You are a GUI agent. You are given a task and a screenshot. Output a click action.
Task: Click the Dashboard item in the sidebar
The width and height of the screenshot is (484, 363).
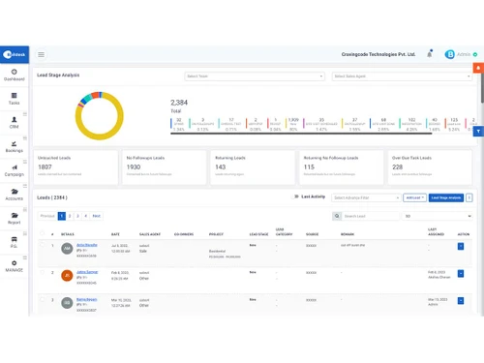pos(14,74)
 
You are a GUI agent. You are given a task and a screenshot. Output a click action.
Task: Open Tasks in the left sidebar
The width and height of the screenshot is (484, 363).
pos(14,99)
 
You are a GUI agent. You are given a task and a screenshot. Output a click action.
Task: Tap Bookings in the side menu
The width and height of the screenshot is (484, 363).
pos(14,147)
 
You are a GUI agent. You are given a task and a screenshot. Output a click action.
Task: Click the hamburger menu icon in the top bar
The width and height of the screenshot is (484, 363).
pos(41,54)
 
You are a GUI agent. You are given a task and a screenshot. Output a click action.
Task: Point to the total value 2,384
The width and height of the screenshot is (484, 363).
pos(179,102)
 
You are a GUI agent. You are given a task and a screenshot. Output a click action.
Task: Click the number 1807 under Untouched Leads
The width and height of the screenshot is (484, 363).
pos(45,166)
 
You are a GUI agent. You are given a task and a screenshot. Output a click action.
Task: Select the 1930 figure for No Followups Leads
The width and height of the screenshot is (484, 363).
pos(136,166)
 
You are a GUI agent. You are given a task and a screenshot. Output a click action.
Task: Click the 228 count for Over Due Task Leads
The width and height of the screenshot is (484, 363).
pos(398,166)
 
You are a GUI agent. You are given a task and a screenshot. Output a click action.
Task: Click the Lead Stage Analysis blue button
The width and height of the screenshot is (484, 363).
pos(445,197)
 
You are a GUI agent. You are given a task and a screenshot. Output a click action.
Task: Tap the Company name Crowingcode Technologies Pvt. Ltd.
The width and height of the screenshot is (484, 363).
pos(378,54)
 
